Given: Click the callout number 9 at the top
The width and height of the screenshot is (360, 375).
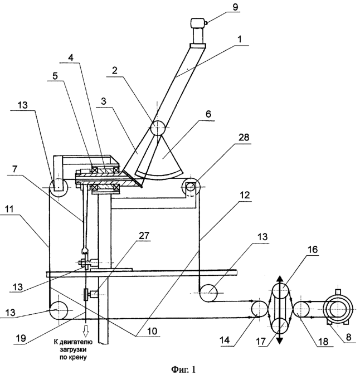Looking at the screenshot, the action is [x=235, y=7].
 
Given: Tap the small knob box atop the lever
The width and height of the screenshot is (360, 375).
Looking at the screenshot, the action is [x=198, y=23].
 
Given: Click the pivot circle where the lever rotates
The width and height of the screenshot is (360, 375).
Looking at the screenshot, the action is [x=157, y=128].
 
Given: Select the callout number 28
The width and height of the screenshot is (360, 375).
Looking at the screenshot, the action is [x=244, y=137].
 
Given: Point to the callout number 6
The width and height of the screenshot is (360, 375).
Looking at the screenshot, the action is [x=208, y=114].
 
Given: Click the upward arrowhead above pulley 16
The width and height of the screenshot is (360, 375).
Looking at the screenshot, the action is [x=279, y=280].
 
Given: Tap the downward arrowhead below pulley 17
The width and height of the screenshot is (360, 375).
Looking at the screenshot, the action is [x=279, y=339].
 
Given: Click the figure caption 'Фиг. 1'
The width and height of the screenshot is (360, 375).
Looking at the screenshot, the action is [x=183, y=369].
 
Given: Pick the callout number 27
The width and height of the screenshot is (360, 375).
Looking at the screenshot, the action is [x=144, y=236].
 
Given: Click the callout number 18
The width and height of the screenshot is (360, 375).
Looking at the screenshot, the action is [x=323, y=342].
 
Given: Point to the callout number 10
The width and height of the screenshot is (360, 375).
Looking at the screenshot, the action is [x=152, y=331].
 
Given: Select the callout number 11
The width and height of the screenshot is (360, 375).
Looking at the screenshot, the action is [x=9, y=210].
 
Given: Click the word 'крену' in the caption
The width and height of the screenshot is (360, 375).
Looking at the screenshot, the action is [x=80, y=358].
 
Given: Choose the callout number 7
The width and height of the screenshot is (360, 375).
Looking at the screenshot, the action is [x=14, y=169].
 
